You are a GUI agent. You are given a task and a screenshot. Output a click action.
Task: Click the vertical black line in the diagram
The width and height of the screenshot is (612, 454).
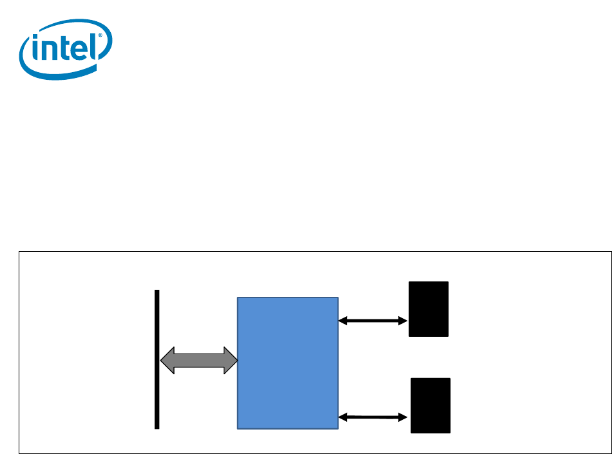157,359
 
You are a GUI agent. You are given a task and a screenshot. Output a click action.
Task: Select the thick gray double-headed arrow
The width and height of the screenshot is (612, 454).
198,360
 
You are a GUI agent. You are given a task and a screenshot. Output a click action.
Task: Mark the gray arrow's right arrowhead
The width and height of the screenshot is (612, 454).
229,360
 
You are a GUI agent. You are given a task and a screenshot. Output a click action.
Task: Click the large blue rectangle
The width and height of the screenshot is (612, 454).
288,363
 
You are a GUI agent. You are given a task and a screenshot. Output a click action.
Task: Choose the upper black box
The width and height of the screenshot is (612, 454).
429,308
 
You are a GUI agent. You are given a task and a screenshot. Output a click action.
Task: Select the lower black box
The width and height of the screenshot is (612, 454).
431,405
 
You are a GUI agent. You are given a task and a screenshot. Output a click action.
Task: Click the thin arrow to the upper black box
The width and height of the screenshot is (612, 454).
373,320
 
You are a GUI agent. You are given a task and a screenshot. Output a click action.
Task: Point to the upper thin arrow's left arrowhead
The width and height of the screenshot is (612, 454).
343,320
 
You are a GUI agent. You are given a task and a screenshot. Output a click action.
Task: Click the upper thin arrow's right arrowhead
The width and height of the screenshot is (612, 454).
404,320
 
